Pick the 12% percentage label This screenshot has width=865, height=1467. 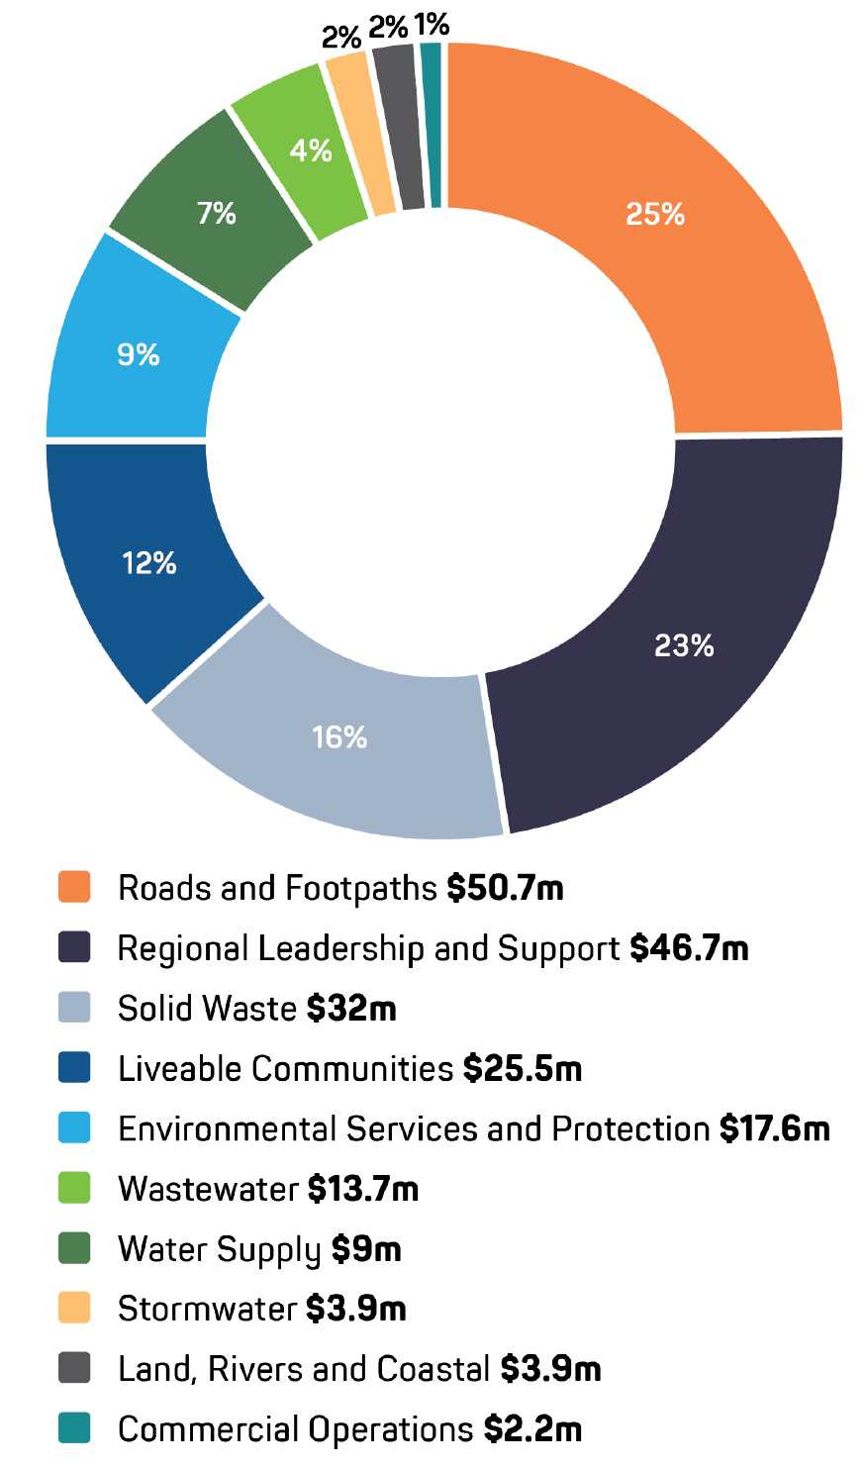coord(149,563)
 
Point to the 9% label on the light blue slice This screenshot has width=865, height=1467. coord(138,354)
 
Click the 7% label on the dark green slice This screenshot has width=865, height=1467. coord(216,213)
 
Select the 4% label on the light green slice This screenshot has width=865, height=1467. coord(310,150)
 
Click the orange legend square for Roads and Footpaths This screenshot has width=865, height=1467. coord(75,887)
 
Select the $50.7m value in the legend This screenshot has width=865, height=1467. coord(505,888)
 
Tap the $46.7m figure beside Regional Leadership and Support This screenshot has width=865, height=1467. coord(689,948)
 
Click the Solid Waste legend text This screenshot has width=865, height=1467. coord(207,1009)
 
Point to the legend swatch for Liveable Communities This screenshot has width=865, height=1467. coord(75,1068)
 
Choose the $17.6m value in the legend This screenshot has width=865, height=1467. coord(774,1128)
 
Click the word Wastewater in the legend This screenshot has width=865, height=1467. coord(208,1189)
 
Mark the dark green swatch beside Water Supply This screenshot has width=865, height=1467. coord(75,1248)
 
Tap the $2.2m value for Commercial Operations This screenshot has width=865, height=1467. coord(532,1428)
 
